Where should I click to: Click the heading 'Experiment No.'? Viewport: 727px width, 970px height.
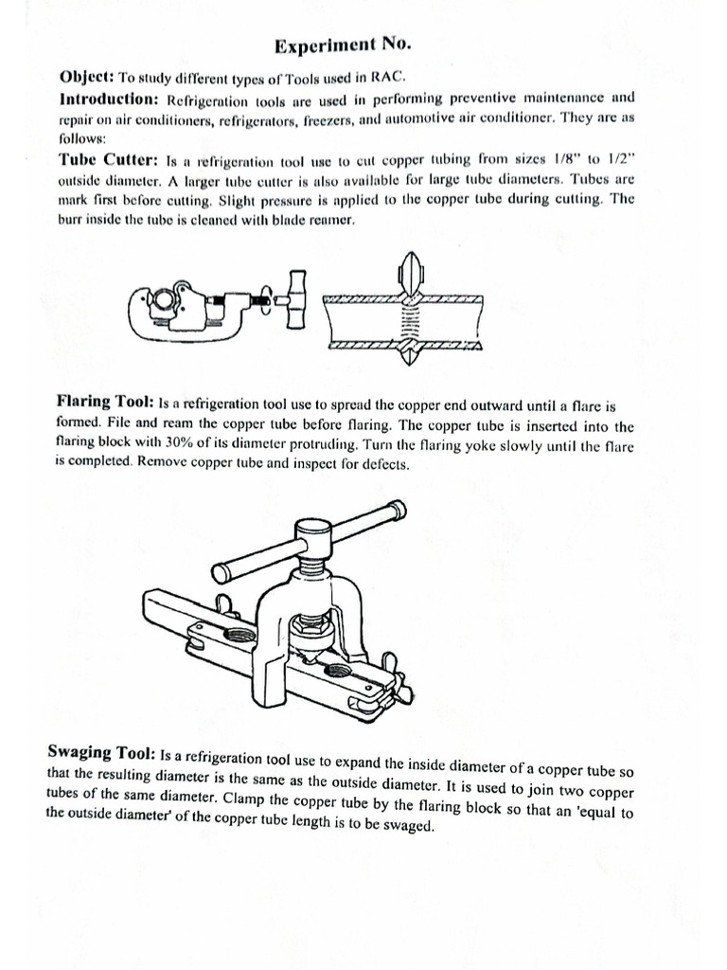tap(343, 45)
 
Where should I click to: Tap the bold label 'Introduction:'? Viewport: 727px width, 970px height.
tap(110, 99)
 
